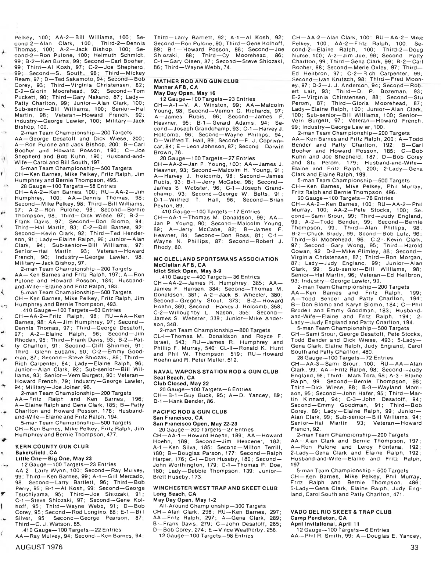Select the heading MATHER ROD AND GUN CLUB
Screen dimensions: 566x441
[x=196, y=81]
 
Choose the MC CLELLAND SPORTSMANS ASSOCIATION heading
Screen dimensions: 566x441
[x=216, y=259]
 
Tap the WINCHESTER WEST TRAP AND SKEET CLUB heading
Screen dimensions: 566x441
[x=215, y=488]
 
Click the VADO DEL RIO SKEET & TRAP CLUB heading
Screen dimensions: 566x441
[x=341, y=512]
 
